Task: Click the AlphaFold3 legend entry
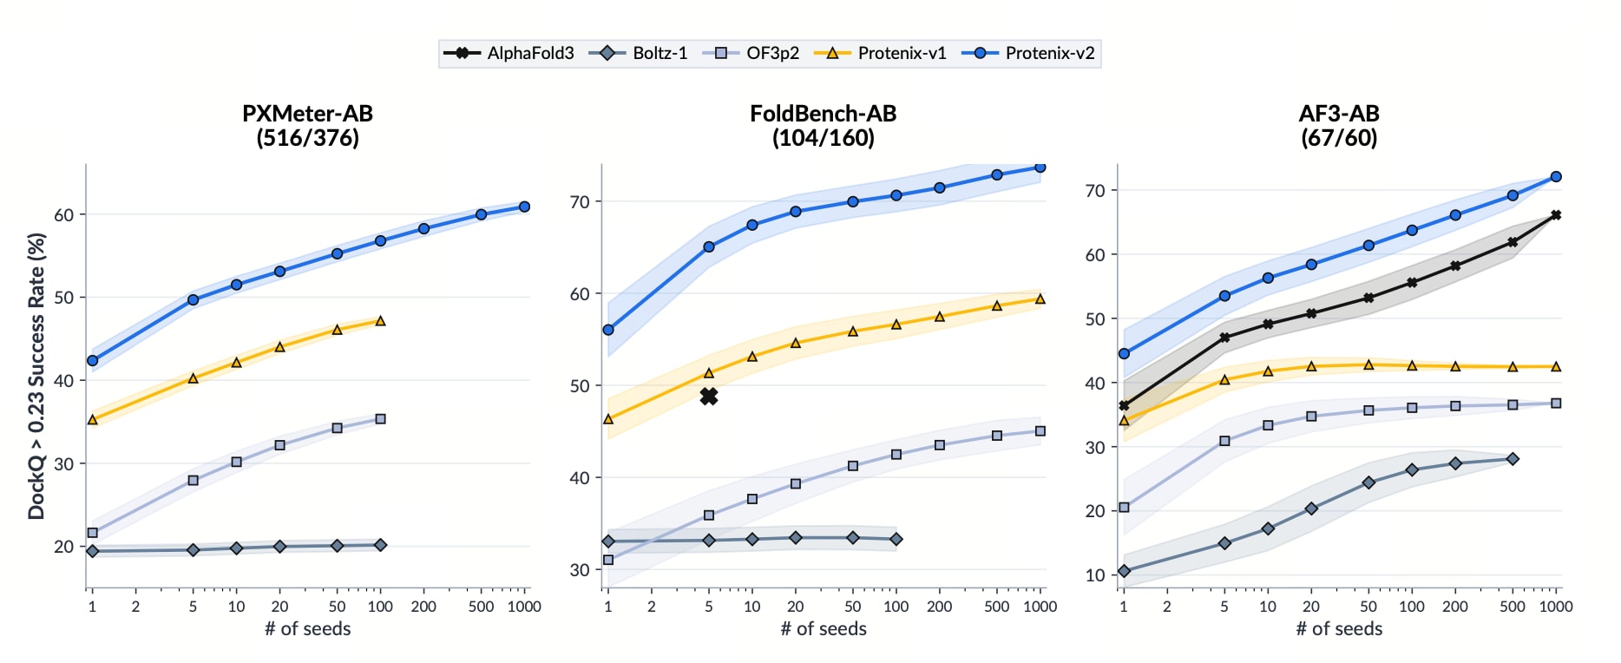(509, 53)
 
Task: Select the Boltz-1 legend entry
(638, 53)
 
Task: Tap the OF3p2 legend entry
(751, 53)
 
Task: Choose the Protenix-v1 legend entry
(880, 53)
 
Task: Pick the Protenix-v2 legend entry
(1028, 53)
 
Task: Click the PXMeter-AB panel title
(307, 125)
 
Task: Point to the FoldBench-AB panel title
(823, 125)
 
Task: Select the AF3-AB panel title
(1339, 125)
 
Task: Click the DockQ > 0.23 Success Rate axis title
(36, 376)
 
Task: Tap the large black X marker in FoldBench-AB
(709, 396)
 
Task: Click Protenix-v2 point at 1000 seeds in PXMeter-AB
(524, 207)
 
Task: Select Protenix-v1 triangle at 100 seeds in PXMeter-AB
(380, 320)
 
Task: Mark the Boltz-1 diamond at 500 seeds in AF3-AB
(1513, 459)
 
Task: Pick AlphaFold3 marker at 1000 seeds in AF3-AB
(1556, 215)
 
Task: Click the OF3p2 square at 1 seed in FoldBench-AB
(608, 560)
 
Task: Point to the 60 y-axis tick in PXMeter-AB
(64, 214)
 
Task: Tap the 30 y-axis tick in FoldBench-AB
(580, 570)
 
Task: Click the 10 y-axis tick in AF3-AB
(1095, 575)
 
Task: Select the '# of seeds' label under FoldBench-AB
(824, 628)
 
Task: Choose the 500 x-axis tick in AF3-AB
(1513, 607)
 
